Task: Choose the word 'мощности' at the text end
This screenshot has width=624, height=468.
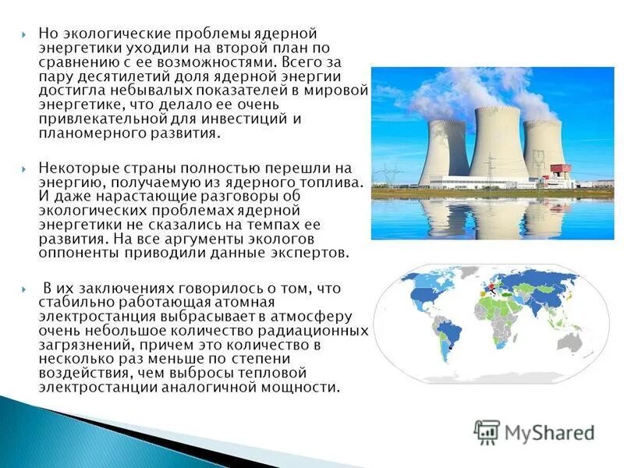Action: tap(309, 387)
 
